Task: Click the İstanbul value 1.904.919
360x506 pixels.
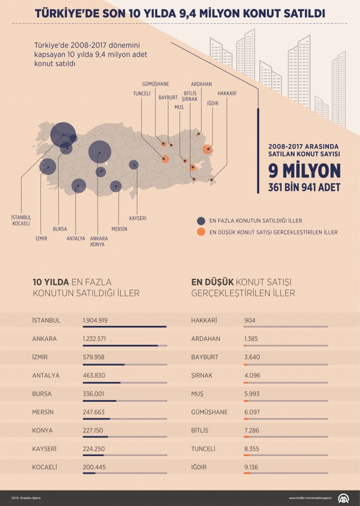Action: click(95, 320)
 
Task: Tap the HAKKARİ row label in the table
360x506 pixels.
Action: click(203, 320)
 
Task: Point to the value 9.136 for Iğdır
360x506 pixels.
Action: click(252, 467)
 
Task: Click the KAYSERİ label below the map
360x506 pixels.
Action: click(138, 218)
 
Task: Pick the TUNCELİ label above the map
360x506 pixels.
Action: click(142, 94)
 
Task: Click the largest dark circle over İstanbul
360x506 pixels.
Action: click(61, 134)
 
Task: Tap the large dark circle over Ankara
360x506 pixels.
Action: click(100, 150)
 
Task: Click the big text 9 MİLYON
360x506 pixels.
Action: click(304, 170)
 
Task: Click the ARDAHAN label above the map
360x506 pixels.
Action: click(202, 84)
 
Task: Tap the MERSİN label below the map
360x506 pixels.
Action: click(119, 229)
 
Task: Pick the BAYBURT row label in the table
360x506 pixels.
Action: click(205, 357)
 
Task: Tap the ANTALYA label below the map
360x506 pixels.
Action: click(76, 239)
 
